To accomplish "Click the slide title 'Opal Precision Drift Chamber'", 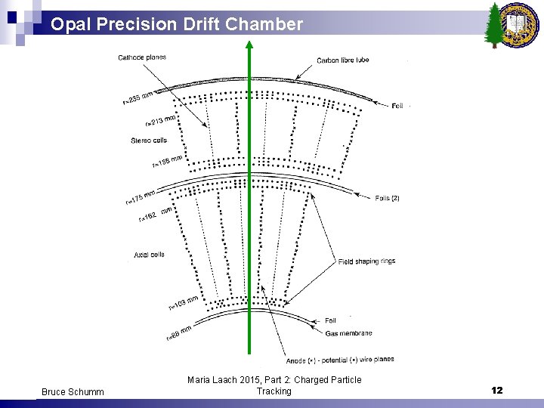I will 177,24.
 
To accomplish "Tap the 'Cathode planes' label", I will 142,57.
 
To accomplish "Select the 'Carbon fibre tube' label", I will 343,60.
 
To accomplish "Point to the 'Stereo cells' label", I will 149,140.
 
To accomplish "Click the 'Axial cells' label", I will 149,255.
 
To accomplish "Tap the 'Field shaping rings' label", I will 366,261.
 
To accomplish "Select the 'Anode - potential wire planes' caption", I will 340,359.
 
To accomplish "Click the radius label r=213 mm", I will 160,119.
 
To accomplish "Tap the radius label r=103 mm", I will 182,302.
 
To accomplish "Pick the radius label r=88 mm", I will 178,332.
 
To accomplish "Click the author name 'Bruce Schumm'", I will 73,391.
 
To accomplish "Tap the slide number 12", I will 496,391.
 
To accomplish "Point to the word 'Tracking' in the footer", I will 274,391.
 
